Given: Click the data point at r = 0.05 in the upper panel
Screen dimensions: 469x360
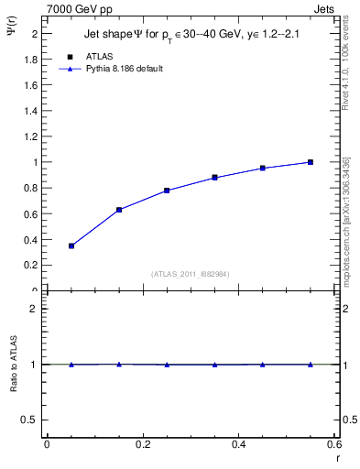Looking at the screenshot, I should [x=71, y=245].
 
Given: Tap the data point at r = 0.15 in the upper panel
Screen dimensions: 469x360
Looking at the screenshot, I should [x=119, y=210].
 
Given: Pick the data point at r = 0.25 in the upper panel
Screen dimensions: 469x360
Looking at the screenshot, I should [x=167, y=191].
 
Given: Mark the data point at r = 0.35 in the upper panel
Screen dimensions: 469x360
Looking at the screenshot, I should [x=214, y=178].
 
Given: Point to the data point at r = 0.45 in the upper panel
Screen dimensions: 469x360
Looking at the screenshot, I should [x=262, y=169].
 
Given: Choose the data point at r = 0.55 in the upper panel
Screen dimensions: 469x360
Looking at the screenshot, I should [x=311, y=162].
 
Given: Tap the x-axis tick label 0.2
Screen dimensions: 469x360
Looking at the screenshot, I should [x=142, y=444].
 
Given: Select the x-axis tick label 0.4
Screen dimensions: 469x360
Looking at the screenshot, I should [x=238, y=444].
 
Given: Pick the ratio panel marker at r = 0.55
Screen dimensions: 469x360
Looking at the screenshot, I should [x=311, y=365].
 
